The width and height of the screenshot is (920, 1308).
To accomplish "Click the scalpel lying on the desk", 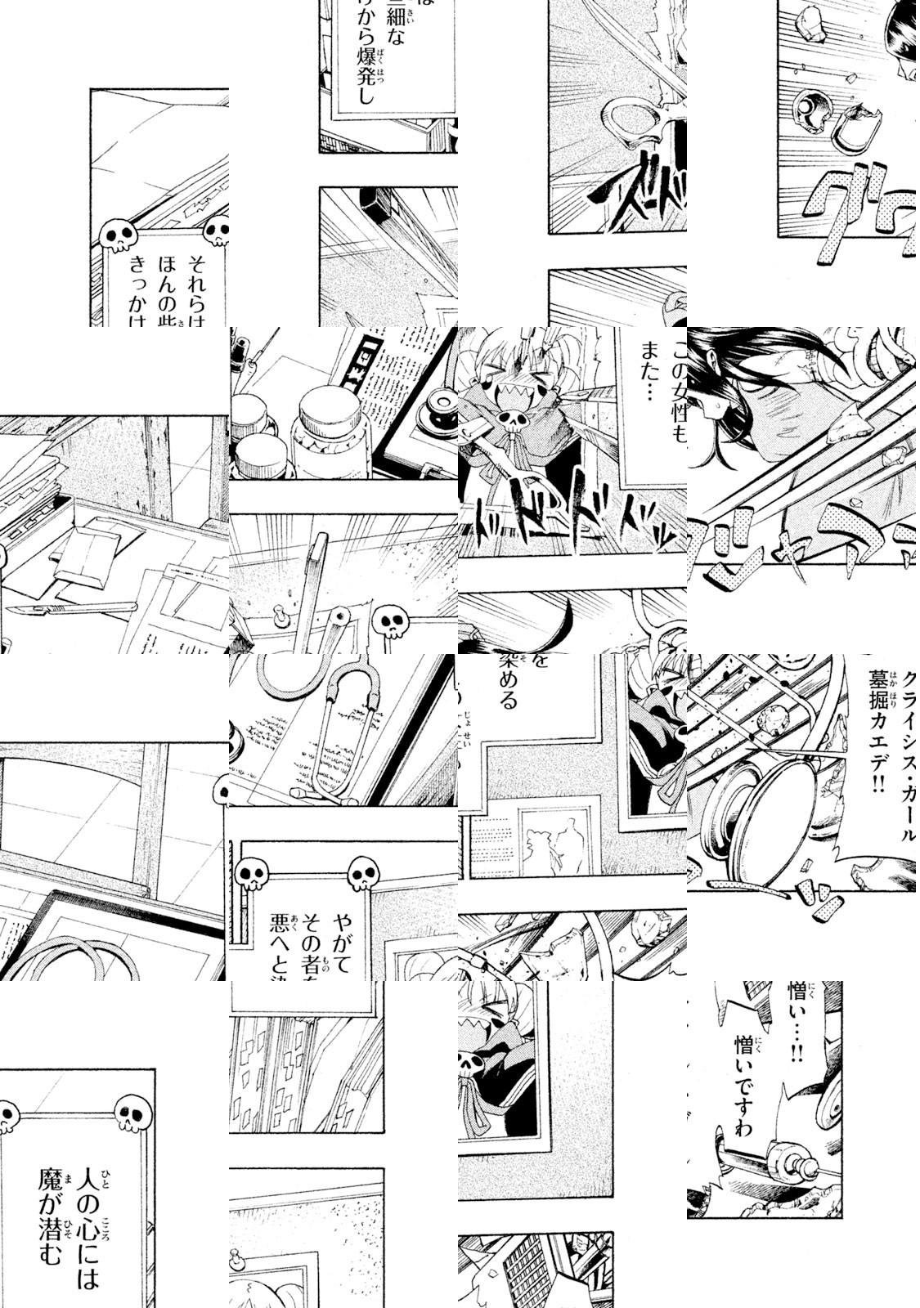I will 74,609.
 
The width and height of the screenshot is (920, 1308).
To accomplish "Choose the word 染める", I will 509,682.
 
